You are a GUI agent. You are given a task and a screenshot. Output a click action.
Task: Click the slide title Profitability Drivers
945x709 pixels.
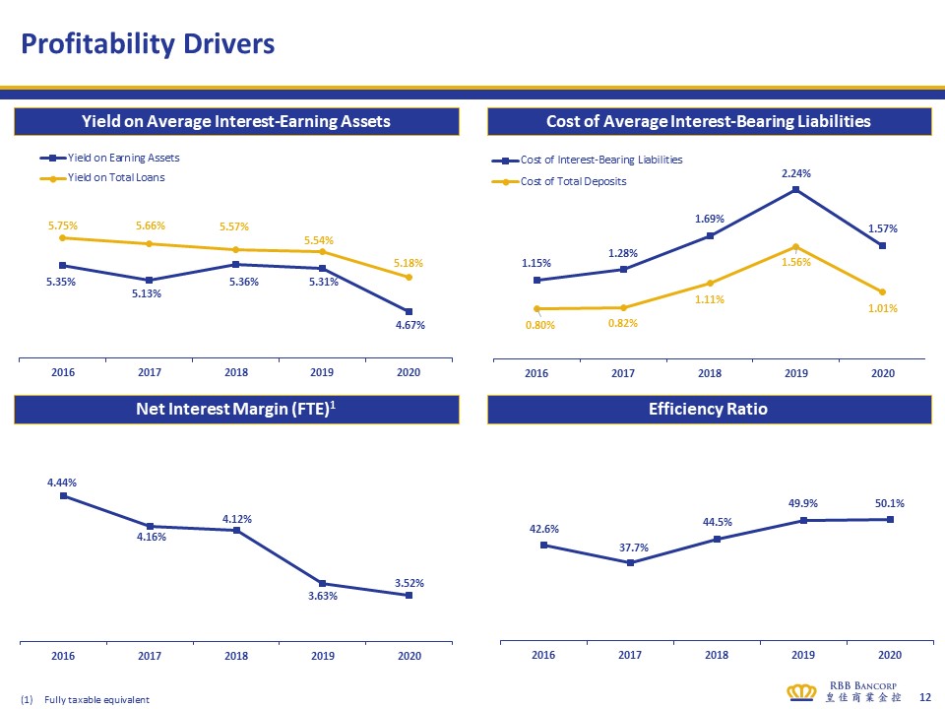149,44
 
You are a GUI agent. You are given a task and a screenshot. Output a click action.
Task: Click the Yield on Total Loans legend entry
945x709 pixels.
116,177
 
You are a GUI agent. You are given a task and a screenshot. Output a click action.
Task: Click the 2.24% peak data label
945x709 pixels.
795,173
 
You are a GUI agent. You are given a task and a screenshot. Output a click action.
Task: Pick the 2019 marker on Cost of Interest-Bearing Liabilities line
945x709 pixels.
795,190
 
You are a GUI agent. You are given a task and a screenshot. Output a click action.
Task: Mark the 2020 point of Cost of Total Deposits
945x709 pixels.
882,291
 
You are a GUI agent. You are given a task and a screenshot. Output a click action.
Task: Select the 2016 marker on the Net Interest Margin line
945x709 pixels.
63,496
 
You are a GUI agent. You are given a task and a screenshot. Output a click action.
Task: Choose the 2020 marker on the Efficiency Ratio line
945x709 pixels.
890,519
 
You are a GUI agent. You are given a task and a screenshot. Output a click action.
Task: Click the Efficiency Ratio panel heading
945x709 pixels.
709,409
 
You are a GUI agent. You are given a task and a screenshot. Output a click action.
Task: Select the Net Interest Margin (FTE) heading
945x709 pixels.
236,409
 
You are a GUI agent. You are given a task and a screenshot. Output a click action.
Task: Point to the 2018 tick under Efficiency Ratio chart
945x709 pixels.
717,655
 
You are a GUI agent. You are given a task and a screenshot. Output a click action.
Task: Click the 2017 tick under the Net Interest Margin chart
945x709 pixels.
150,655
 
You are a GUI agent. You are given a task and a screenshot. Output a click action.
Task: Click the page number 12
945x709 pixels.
924,696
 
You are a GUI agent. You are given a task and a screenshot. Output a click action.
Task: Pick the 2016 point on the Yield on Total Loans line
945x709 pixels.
63,237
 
